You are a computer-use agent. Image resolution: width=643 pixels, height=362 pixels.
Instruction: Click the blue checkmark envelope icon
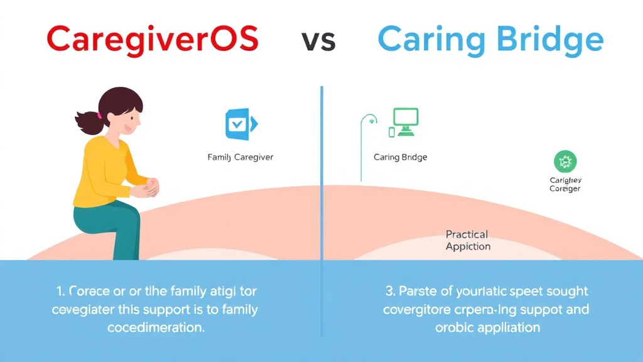[x=239, y=124]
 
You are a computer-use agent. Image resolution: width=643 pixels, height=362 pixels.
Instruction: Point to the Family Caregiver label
[x=240, y=157]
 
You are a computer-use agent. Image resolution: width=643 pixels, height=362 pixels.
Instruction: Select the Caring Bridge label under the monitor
[x=400, y=157]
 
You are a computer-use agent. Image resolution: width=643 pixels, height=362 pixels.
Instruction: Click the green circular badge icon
[x=565, y=162]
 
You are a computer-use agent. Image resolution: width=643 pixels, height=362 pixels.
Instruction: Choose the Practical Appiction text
[x=468, y=240]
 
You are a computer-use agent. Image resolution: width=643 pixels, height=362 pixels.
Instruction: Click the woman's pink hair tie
[x=98, y=114]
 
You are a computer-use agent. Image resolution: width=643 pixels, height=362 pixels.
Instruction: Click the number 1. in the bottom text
[x=61, y=291]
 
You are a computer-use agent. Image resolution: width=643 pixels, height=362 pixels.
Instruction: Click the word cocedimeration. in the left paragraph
[x=156, y=328]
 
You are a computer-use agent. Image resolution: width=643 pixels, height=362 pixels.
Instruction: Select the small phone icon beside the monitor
[x=392, y=132]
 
